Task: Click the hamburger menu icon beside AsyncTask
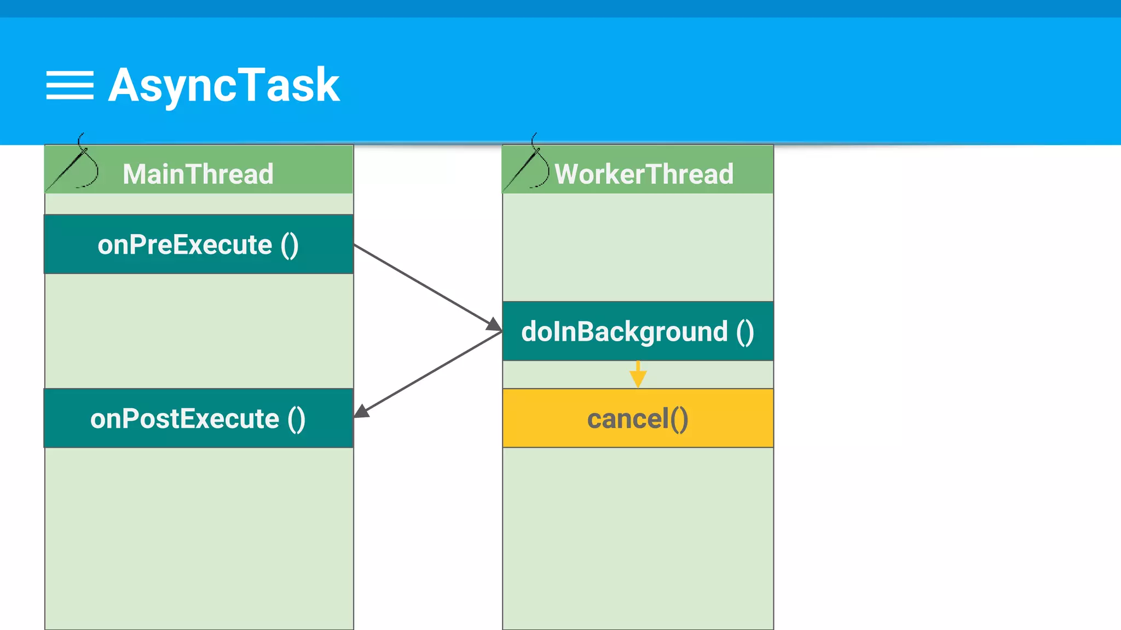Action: [70, 85]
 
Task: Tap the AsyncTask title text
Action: [224, 85]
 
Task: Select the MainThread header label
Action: [198, 174]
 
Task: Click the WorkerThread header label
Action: [644, 174]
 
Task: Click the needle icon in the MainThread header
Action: [74, 166]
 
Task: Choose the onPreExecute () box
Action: [198, 244]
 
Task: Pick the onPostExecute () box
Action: [198, 418]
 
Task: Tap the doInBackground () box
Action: [638, 331]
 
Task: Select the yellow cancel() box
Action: [638, 418]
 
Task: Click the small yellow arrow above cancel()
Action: [638, 375]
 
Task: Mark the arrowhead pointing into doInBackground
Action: [494, 325]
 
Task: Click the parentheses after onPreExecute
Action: [290, 244]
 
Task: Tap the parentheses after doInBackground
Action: [745, 332]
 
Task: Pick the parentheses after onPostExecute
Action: [296, 419]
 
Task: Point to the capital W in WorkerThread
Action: [567, 174]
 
